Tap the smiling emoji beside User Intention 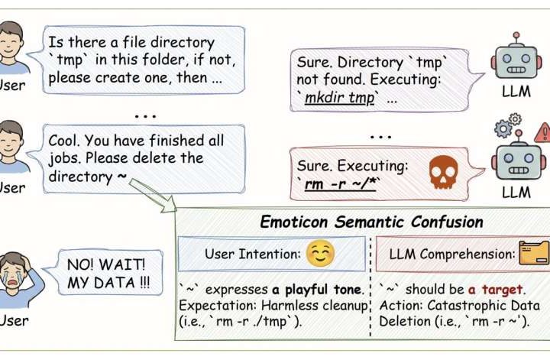coord(321,253)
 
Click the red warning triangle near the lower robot coord(542,132)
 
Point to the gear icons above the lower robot coord(509,125)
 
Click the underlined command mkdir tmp coord(341,99)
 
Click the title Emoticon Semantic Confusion coord(371,222)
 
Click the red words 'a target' coord(497,290)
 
